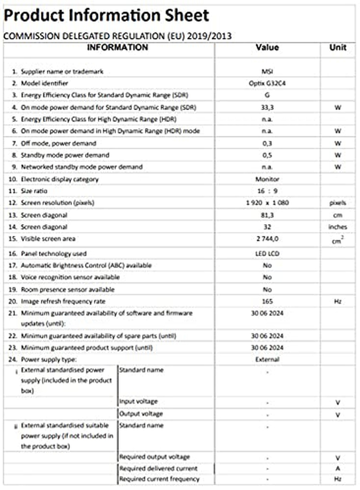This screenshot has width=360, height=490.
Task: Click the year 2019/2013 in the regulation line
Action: tap(209, 36)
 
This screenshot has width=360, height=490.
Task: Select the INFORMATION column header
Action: tap(117, 47)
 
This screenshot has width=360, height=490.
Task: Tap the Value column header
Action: tap(267, 47)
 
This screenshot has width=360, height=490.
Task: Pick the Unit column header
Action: tap(338, 47)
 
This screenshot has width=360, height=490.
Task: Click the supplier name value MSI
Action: tap(267, 72)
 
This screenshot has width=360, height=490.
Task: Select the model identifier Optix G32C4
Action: tap(267, 83)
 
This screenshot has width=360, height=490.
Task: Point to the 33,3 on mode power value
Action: tap(267, 107)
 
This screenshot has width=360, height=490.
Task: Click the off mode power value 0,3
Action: tap(267, 143)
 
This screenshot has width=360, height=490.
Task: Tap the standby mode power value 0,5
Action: tap(267, 155)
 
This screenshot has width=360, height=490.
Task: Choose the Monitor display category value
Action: tap(267, 179)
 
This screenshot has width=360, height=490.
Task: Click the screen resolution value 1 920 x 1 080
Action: tap(267, 203)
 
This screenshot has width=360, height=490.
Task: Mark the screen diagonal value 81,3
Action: tap(267, 215)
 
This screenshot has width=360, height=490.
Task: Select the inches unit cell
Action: tap(337, 227)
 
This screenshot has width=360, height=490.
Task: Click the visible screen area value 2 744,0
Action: tap(267, 239)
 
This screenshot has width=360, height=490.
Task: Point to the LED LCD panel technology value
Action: tap(267, 254)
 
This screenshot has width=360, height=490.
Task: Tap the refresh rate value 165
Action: tap(267, 301)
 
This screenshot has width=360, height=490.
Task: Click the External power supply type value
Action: tap(267, 359)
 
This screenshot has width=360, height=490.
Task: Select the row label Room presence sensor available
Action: tap(67, 290)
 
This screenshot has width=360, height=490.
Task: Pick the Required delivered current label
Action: tap(158, 468)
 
